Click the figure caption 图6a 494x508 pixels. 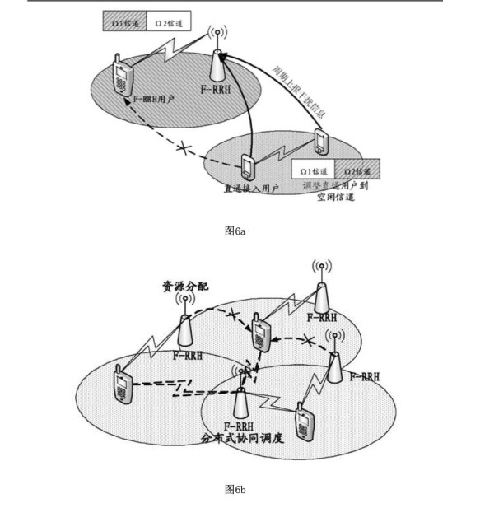coord(235,231)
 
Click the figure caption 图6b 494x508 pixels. coord(235,490)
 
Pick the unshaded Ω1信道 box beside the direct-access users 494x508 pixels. coord(315,170)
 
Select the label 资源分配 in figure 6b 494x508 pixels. coord(184,287)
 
